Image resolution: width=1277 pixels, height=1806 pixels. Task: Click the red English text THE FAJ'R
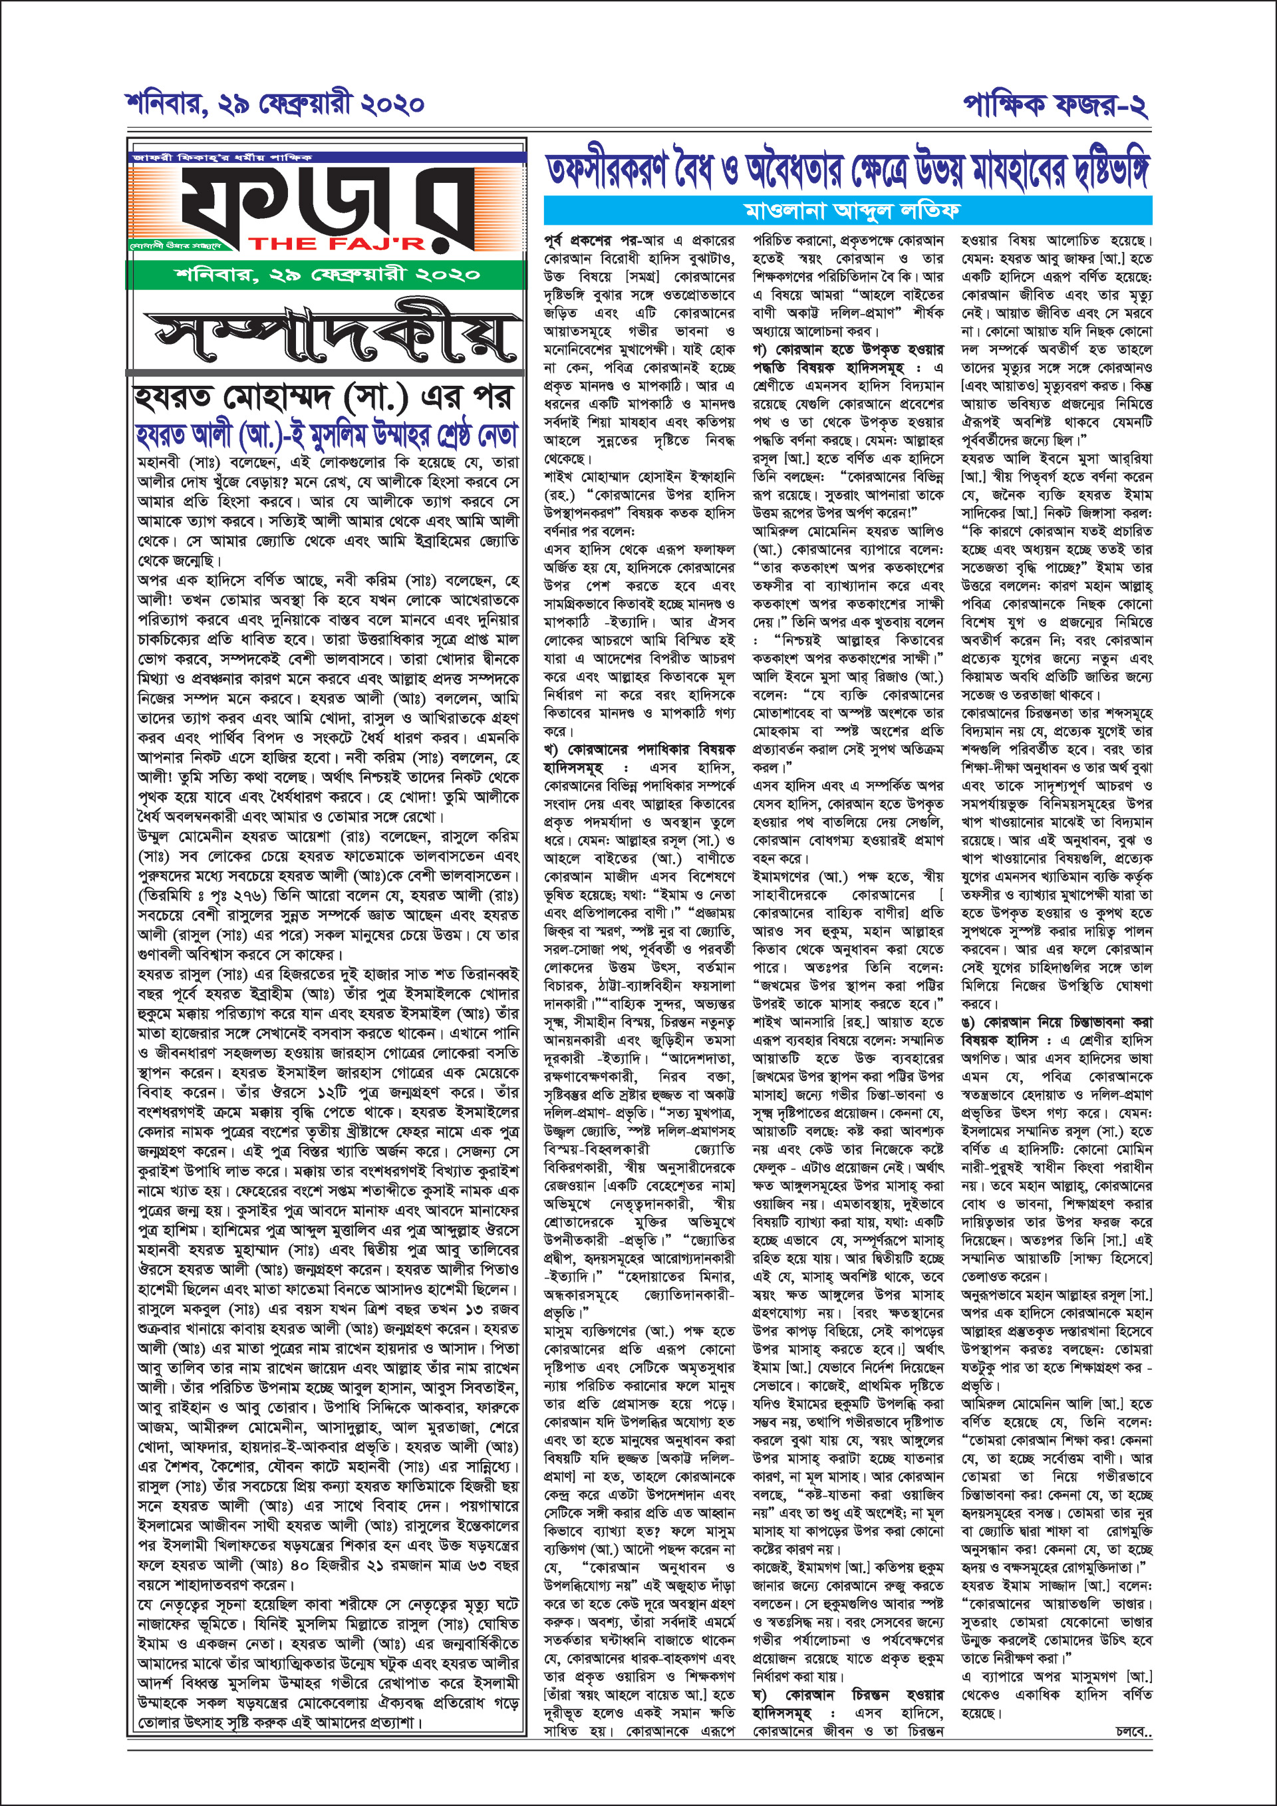[x=337, y=244]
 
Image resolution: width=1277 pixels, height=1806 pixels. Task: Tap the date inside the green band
[x=327, y=275]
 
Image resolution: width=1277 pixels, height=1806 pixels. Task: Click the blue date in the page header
[x=275, y=104]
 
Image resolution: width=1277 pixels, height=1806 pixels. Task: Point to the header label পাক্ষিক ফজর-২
[x=1056, y=104]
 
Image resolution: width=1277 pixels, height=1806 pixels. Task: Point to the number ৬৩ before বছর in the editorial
[x=462, y=1565]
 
